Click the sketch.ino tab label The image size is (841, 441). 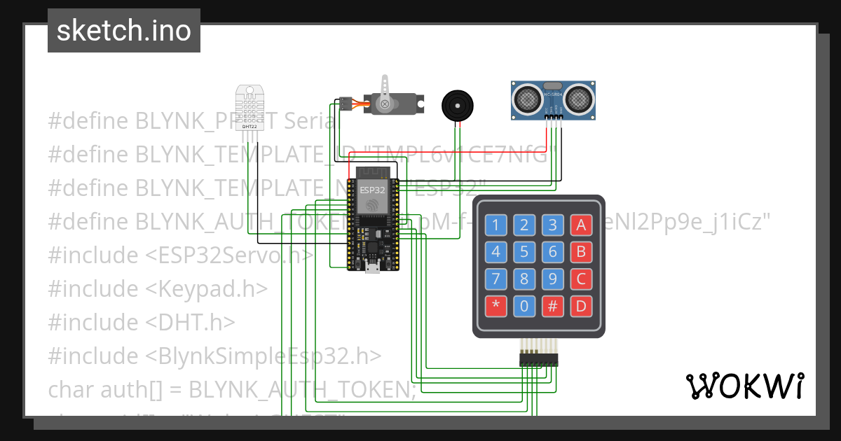(124, 31)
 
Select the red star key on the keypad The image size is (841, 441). (496, 306)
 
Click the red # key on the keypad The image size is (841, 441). (553, 306)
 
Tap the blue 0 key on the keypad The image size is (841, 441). (524, 306)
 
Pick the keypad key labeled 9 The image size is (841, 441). (553, 279)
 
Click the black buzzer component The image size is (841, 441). (456, 105)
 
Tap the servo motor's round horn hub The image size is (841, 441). (384, 104)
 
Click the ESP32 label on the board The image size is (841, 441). (372, 190)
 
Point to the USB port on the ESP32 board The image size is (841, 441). (374, 267)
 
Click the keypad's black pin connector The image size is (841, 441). (538, 359)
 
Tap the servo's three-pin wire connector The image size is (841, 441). (345, 104)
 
